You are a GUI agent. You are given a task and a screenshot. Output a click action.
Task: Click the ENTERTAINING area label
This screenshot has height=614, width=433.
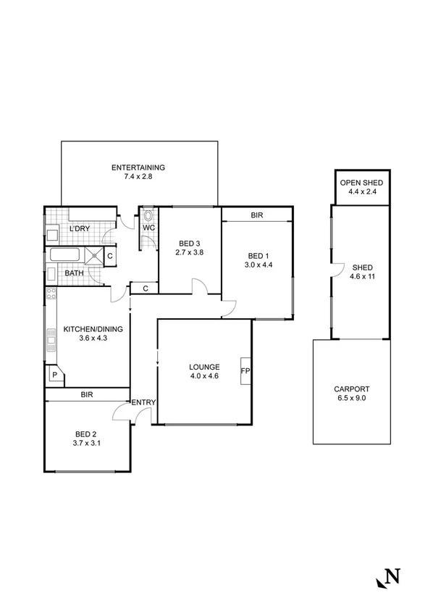click(138, 168)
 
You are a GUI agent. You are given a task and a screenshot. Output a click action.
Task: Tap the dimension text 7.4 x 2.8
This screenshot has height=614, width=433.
click(138, 177)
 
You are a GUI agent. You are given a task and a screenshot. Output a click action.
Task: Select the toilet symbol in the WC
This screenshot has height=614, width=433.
click(148, 215)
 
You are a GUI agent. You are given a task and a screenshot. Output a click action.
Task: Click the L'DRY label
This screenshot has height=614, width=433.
click(79, 229)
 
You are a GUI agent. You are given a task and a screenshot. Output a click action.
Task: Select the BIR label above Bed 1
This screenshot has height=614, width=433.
click(257, 215)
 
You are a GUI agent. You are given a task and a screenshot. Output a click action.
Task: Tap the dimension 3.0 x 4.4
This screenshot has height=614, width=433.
click(258, 265)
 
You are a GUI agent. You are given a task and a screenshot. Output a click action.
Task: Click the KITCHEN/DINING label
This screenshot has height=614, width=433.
click(93, 329)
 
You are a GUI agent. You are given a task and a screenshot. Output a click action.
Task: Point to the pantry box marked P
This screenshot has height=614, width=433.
click(54, 375)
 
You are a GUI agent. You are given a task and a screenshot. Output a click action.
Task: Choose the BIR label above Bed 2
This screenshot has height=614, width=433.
click(86, 395)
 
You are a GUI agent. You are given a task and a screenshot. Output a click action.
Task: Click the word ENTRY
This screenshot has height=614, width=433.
click(143, 402)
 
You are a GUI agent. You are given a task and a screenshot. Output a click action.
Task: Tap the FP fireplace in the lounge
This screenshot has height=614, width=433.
click(245, 370)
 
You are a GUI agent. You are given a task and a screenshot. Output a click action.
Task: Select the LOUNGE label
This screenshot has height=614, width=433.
click(203, 367)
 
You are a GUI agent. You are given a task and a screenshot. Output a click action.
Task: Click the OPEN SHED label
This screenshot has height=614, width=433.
click(361, 183)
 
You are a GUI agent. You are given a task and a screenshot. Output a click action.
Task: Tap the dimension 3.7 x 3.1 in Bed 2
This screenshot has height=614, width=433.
click(86, 443)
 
